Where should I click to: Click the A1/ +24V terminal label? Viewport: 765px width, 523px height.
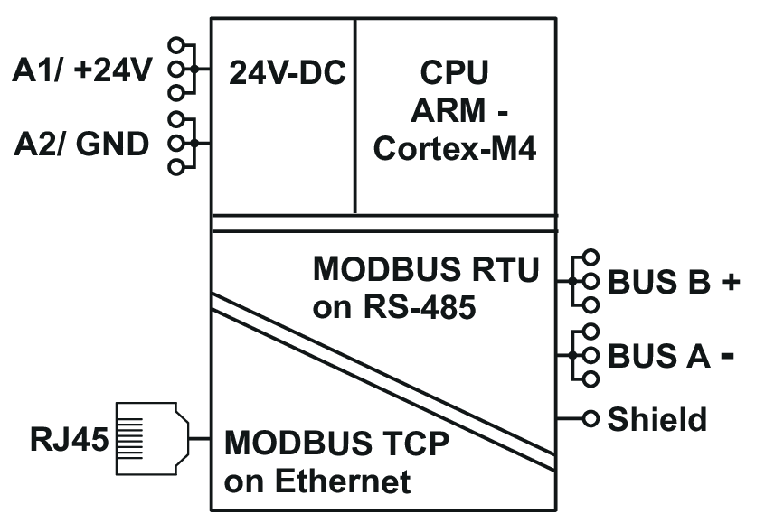pyautogui.click(x=82, y=70)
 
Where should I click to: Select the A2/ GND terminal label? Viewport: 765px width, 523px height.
pyautogui.click(x=81, y=145)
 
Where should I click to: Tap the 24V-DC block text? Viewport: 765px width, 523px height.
pyautogui.click(x=288, y=72)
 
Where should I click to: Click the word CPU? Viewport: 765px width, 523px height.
pyautogui.click(x=454, y=72)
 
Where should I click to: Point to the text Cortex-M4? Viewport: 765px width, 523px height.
pyautogui.click(x=455, y=148)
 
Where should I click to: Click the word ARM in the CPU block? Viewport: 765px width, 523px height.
pyautogui.click(x=448, y=110)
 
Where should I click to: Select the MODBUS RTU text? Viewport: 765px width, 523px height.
pyautogui.click(x=426, y=269)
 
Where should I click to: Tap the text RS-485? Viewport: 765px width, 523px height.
pyautogui.click(x=419, y=307)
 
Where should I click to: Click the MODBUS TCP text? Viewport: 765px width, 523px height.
pyautogui.click(x=336, y=444)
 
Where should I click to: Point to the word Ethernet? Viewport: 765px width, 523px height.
pyautogui.click(x=343, y=481)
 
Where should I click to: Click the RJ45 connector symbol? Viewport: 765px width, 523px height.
pyautogui.click(x=152, y=438)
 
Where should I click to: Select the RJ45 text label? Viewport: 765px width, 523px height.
pyautogui.click(x=70, y=439)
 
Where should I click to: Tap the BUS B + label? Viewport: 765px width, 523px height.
pyautogui.click(x=674, y=282)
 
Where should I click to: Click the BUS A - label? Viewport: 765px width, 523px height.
pyautogui.click(x=671, y=356)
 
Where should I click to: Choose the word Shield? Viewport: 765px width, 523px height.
pyautogui.click(x=656, y=419)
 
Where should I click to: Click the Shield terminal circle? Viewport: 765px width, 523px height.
pyautogui.click(x=590, y=418)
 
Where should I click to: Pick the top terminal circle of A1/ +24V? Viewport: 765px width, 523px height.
pyautogui.click(x=176, y=45)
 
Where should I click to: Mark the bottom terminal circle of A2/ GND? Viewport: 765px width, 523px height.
pyautogui.click(x=176, y=167)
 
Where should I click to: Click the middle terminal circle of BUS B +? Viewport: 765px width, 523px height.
pyautogui.click(x=590, y=281)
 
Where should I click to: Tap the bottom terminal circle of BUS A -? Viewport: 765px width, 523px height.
pyautogui.click(x=590, y=379)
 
